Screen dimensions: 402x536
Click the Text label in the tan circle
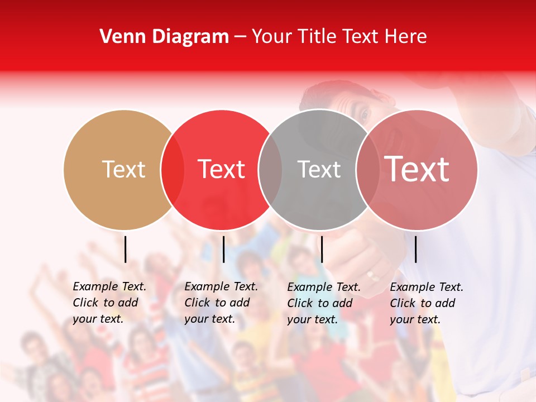123,169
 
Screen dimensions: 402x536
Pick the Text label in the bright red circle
221,169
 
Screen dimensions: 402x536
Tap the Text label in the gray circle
319,169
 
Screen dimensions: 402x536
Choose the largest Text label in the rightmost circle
417,169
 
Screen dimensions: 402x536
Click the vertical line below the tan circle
125,249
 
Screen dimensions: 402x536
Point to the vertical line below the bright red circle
223,249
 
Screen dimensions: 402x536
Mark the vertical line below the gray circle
322,249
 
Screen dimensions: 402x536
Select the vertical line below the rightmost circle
415,249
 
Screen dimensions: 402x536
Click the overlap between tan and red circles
173,170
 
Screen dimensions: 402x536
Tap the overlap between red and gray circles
270,170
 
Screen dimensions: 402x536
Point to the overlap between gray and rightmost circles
367,170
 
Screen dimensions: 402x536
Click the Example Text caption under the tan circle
109,303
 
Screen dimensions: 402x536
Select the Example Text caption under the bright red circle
221,303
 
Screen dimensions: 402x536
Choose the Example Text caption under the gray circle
323,303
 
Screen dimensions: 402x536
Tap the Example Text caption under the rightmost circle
426,303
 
